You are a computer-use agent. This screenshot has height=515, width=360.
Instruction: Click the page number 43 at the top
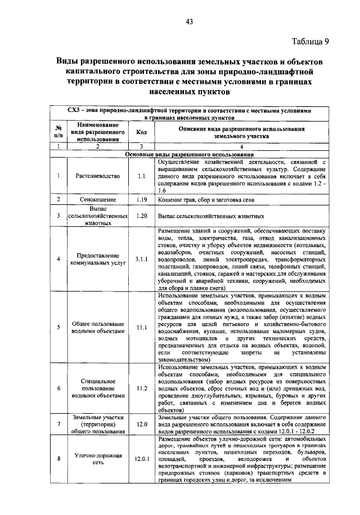[189, 22]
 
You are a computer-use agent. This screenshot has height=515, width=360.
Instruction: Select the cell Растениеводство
[98, 176]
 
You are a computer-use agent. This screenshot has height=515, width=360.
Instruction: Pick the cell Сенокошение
[98, 200]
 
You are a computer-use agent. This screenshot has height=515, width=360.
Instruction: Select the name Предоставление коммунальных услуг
[98, 259]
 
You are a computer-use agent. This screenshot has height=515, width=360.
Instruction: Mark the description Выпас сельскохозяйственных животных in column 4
[211, 216]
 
